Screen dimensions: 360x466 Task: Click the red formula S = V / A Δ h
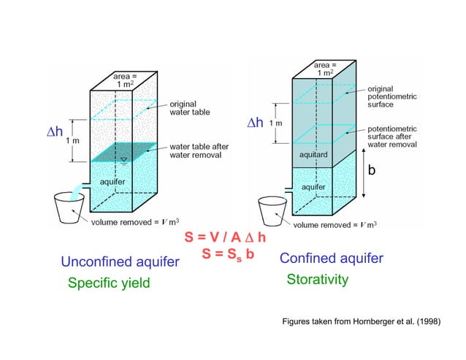(x=225, y=239)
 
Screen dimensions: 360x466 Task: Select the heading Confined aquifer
(x=331, y=258)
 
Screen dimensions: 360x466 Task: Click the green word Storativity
(x=317, y=280)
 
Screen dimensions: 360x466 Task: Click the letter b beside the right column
(x=371, y=169)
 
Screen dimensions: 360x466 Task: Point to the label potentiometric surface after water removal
(x=391, y=136)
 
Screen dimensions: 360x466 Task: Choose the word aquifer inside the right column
(x=313, y=187)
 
